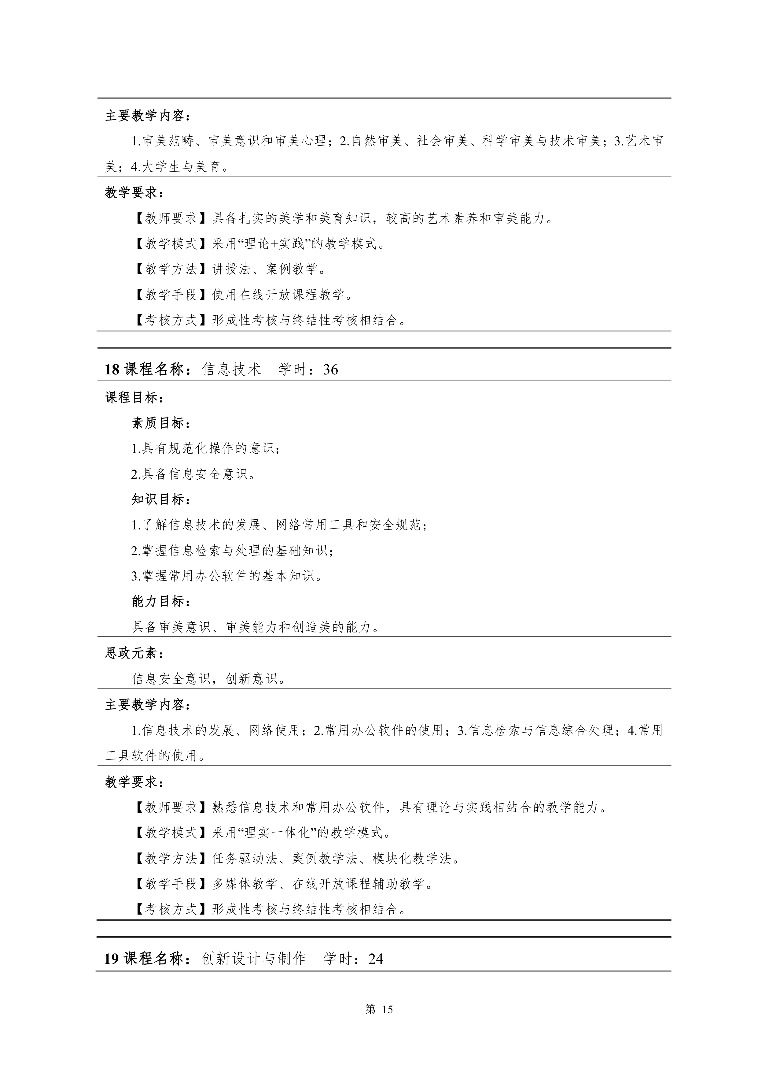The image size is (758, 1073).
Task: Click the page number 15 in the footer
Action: pyautogui.click(x=387, y=1009)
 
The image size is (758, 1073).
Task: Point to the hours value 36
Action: pyautogui.click(x=330, y=370)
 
